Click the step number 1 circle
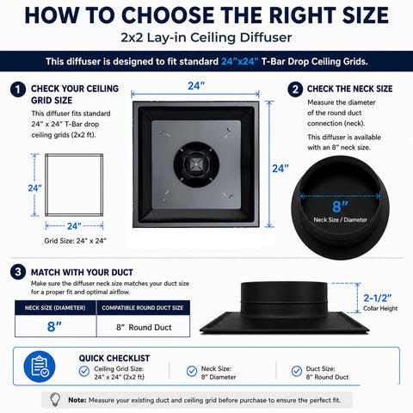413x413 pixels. (18, 89)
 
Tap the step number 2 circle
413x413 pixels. (295, 89)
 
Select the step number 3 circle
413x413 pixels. (18, 272)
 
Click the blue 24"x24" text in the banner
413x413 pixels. (240, 61)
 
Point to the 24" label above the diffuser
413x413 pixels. (196, 86)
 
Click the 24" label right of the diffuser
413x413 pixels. (280, 169)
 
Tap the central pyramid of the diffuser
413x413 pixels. (196, 164)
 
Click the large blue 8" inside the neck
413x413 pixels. (340, 206)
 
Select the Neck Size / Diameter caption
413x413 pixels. (341, 220)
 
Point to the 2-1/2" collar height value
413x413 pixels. (378, 298)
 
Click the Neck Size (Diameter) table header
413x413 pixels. (55, 308)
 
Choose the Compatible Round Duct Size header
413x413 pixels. (143, 308)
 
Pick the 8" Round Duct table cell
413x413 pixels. (144, 327)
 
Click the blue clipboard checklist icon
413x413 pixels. (40, 367)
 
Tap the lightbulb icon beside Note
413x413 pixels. (55, 399)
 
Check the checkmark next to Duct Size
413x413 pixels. (297, 371)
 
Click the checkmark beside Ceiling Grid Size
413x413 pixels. (84, 371)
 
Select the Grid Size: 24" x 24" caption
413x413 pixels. (75, 241)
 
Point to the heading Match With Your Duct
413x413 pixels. (82, 272)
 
